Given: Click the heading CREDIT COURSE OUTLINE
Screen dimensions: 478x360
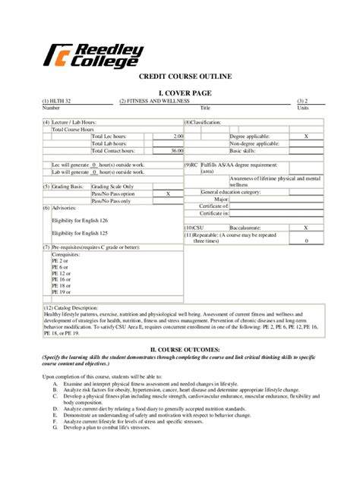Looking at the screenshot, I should coord(179,77).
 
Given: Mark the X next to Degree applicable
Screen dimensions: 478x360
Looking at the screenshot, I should coord(306,136).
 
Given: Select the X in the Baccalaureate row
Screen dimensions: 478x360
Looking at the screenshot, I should coord(306,228).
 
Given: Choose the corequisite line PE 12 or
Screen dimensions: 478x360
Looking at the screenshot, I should coord(62,272).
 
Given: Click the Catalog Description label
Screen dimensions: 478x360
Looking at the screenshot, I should coord(74,309).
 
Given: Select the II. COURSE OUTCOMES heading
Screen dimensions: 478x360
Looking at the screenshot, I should coord(179,350).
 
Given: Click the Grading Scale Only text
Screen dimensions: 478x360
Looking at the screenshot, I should coord(112,186).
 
